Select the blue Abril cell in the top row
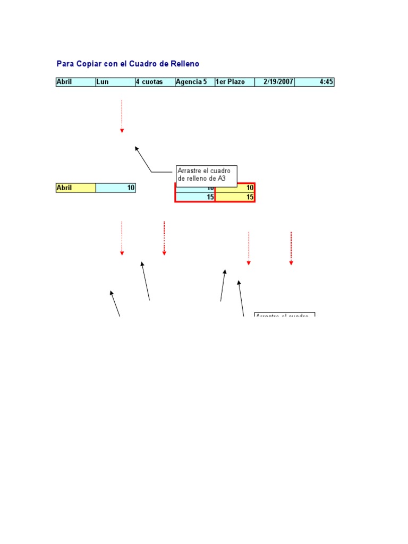75,82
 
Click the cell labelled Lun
115,82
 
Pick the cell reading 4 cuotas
155,82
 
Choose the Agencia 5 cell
195,82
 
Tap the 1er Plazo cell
235,82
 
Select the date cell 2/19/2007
275,82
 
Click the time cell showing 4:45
314,82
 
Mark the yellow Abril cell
75,188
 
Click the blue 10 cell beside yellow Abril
115,188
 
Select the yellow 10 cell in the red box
235,188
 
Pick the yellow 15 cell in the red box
235,197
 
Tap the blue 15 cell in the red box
195,197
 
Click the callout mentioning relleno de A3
206,175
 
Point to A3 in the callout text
222,179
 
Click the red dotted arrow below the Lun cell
122,116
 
